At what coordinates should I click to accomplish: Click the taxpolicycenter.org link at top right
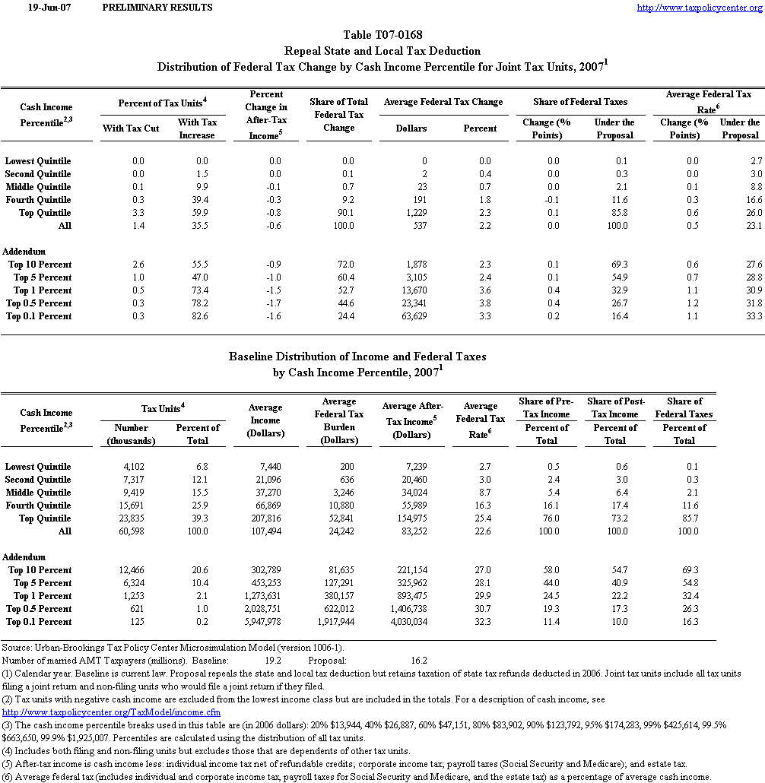point(698,8)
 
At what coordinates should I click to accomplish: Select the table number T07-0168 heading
point(382,35)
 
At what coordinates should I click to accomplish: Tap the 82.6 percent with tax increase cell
point(199,316)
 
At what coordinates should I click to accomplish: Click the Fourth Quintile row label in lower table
point(38,506)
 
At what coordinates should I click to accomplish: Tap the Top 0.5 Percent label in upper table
point(39,303)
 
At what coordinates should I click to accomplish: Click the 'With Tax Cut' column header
point(131,128)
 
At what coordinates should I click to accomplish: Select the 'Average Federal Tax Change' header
point(443,102)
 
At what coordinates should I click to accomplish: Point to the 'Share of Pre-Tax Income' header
point(546,407)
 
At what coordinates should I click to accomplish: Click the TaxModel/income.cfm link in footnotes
point(112,712)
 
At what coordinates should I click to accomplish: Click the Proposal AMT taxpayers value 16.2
point(419,661)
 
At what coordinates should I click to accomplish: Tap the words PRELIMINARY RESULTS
point(157,8)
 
